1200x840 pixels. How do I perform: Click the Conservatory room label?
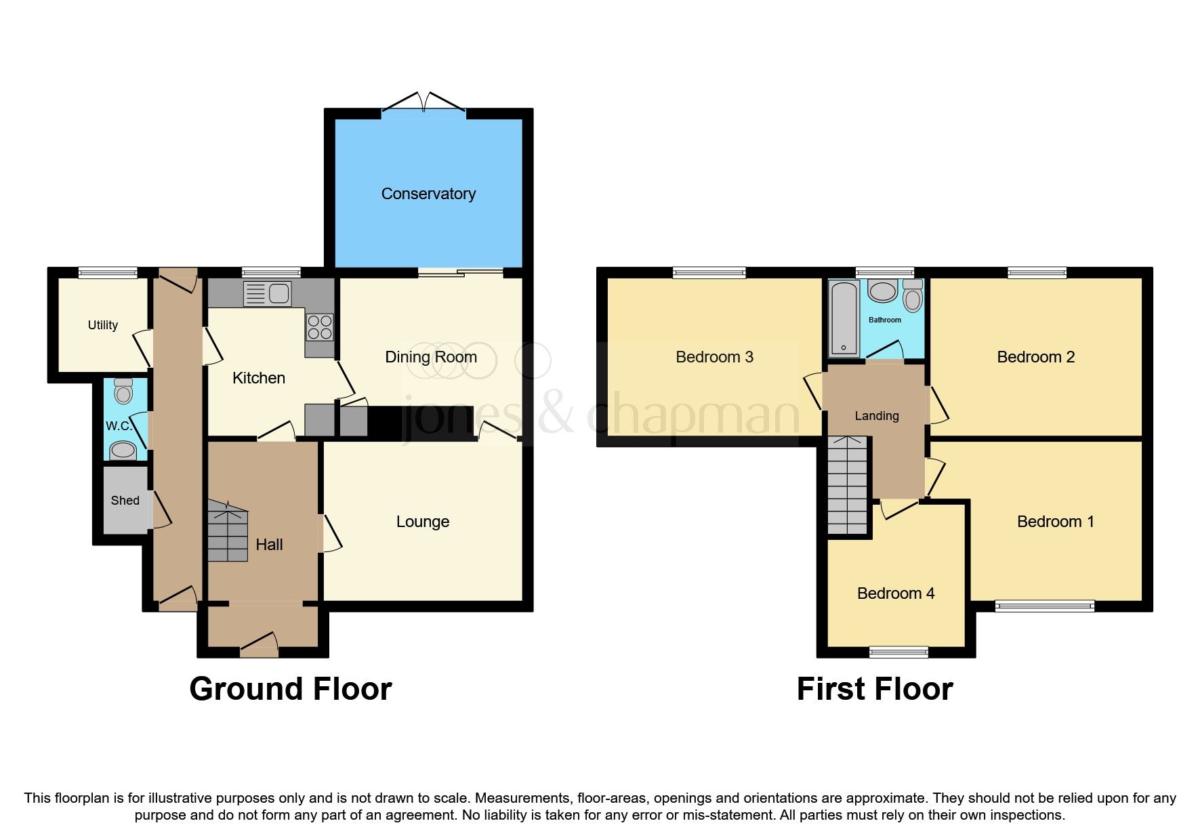(428, 194)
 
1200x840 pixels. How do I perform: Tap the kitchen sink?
(268, 293)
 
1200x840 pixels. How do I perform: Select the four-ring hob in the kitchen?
(320, 327)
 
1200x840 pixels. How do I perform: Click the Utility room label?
(103, 325)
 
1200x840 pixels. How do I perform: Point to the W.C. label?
(118, 426)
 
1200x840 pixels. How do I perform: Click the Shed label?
(125, 501)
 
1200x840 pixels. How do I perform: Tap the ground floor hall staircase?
(228, 532)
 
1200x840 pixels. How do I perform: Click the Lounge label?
(423, 522)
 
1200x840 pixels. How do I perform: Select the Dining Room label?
(431, 357)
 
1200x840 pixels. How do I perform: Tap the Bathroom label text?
(885, 320)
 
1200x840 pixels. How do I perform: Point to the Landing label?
(877, 416)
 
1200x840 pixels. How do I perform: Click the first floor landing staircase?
(848, 485)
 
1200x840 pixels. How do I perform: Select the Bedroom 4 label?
(896, 593)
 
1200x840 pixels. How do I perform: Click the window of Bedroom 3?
(709, 273)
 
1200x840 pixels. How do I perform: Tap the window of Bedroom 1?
(1045, 606)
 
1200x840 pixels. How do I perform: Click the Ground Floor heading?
(291, 689)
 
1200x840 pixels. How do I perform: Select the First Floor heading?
(875, 689)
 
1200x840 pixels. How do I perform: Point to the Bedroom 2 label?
(1036, 357)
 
